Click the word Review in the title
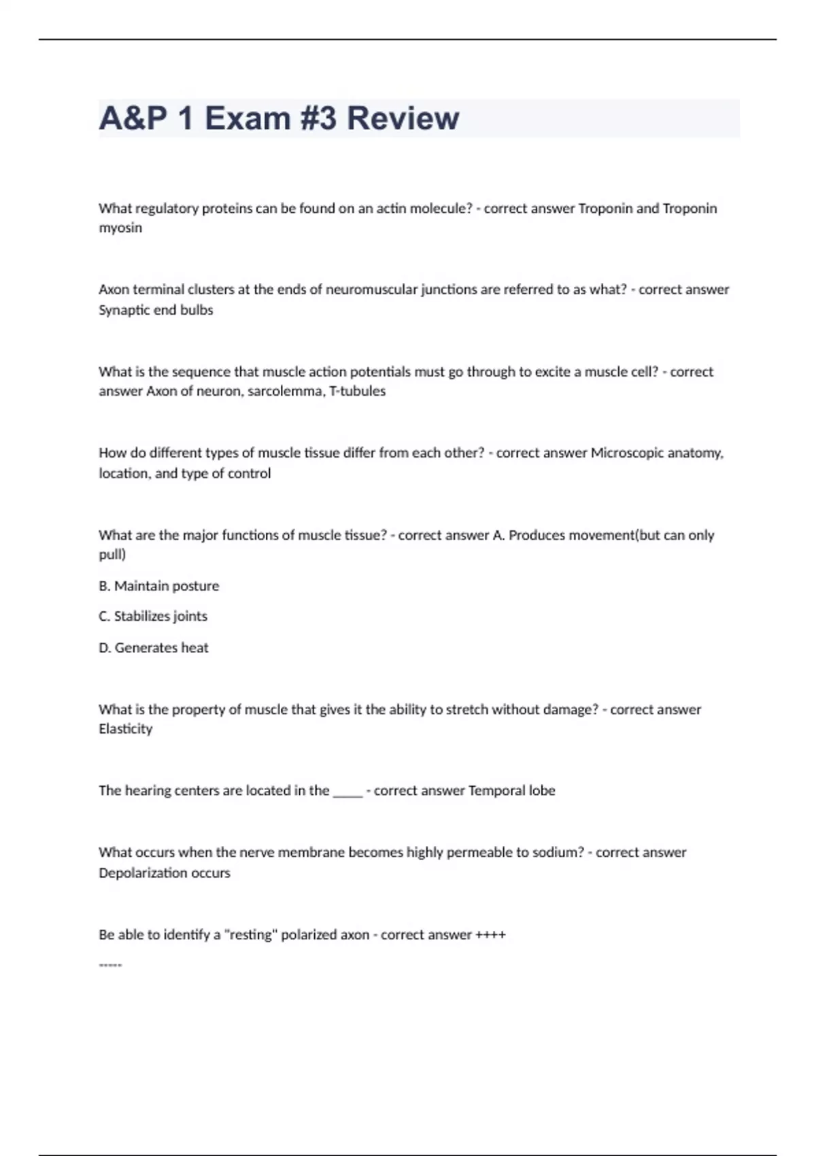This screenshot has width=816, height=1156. [x=403, y=118]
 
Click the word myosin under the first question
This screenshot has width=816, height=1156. [x=120, y=228]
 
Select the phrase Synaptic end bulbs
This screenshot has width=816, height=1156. [x=156, y=310]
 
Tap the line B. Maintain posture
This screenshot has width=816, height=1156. [x=159, y=586]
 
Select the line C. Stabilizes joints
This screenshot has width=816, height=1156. [x=153, y=617]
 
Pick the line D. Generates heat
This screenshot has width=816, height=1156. [x=154, y=648]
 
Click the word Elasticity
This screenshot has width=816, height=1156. [x=126, y=729]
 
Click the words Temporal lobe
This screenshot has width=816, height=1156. [x=511, y=791]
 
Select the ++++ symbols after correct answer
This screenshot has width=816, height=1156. [x=490, y=935]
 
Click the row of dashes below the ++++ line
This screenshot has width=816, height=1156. [x=110, y=965]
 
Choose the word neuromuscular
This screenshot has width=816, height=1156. [x=371, y=290]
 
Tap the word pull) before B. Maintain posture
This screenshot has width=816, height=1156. [x=112, y=555]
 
